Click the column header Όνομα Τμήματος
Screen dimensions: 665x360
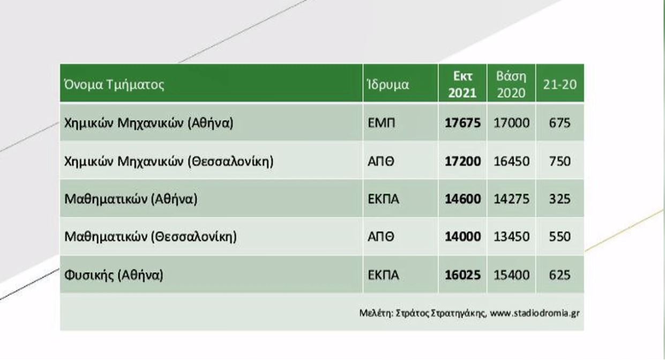[114, 84]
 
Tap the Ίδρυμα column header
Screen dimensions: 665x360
[388, 84]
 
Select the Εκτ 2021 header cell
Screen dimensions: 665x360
[462, 85]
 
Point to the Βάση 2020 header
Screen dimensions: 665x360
[511, 85]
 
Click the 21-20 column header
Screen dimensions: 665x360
[560, 85]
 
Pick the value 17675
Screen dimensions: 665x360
[462, 123]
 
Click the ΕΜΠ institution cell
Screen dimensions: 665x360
[382, 123]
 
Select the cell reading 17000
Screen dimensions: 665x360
[512, 123]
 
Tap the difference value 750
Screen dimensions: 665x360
[560, 161]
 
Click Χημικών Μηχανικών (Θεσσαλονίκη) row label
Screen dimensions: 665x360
[169, 161]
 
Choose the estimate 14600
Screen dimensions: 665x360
[463, 199]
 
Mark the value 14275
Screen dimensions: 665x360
[512, 199]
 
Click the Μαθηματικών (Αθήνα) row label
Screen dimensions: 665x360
[131, 199]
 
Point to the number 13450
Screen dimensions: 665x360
[512, 237]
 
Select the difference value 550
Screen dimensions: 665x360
[560, 237]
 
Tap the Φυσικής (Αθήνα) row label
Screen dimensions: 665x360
[114, 275]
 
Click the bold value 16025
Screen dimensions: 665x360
[462, 275]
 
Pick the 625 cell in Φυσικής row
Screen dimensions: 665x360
[560, 275]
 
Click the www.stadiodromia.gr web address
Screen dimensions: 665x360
[535, 313]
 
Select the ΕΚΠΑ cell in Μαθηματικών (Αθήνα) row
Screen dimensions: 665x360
[383, 199]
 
